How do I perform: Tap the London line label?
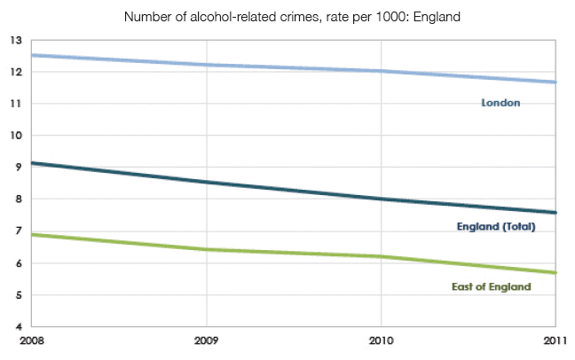pyautogui.click(x=500, y=103)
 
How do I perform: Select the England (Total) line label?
pyautogui.click(x=497, y=227)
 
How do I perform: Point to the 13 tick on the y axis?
pyautogui.click(x=15, y=40)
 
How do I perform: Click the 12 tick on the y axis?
pyautogui.click(x=15, y=72)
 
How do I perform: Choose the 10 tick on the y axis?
pyautogui.click(x=15, y=136)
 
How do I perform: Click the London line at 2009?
pyautogui.click(x=207, y=65)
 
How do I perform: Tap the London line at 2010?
pyautogui.click(x=382, y=71)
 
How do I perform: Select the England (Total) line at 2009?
pyautogui.click(x=207, y=182)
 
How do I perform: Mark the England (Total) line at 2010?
pyautogui.click(x=382, y=199)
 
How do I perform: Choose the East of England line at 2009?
pyautogui.click(x=207, y=249)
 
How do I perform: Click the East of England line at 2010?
pyautogui.click(x=382, y=256)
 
